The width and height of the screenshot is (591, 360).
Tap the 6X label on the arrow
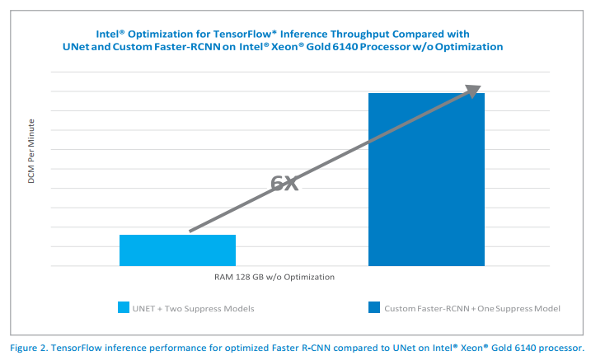tap(284, 184)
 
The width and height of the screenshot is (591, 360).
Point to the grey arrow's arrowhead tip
tap(480, 86)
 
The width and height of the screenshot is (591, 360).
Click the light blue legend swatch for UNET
tap(124, 308)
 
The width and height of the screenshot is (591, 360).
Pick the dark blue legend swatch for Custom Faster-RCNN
tap(374, 308)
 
